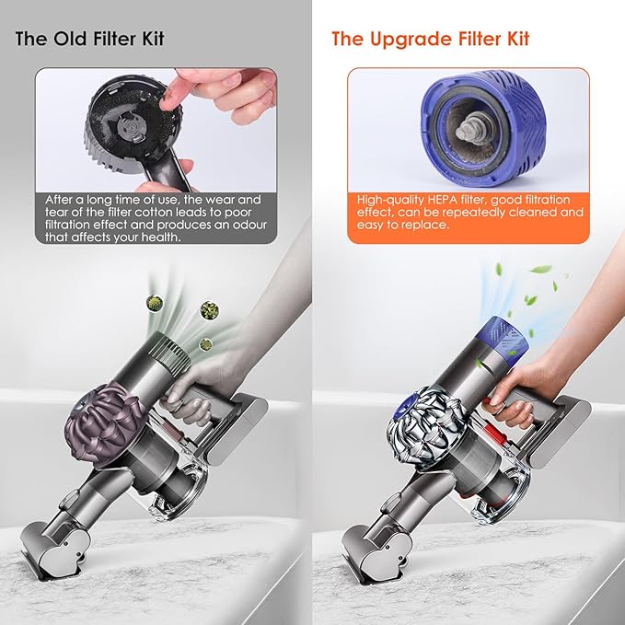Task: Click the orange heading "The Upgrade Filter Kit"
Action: click(x=430, y=40)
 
